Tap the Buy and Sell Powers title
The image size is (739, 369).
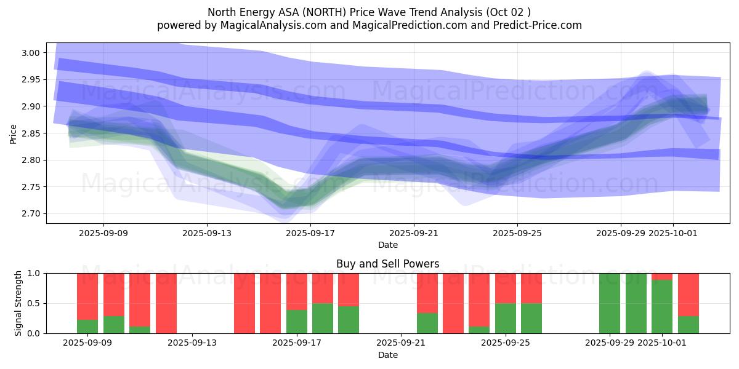pyautogui.click(x=388, y=264)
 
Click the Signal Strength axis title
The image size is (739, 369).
pyautogui.click(x=18, y=303)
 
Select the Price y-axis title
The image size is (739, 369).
pyautogui.click(x=14, y=133)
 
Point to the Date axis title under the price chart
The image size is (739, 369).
pyautogui.click(x=388, y=245)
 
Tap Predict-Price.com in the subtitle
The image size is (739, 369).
pyautogui.click(x=538, y=25)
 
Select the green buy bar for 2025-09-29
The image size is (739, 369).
pyautogui.click(x=610, y=303)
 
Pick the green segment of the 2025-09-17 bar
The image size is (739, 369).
pyautogui.click(x=297, y=321)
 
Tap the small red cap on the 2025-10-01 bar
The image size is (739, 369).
pyautogui.click(x=662, y=276)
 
